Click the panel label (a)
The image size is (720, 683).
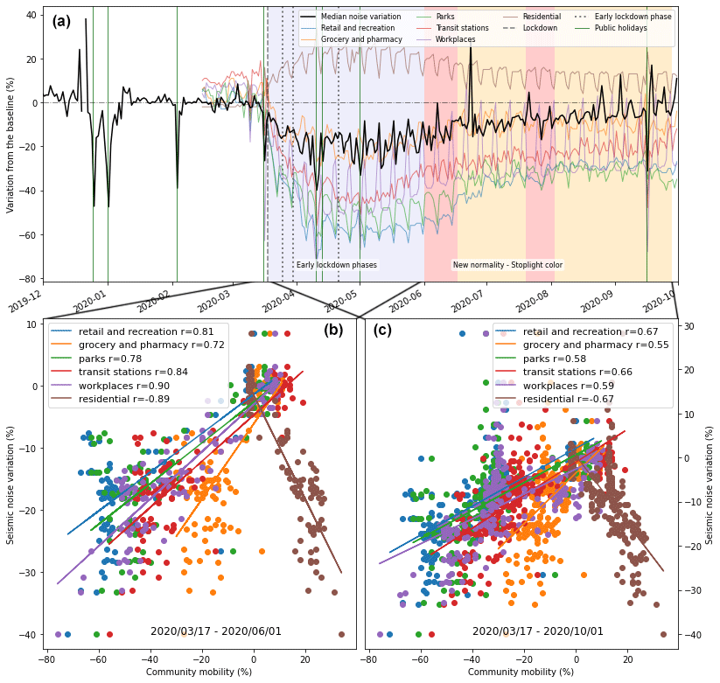[61, 22]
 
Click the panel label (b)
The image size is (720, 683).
[333, 330]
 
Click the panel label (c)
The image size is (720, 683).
[382, 330]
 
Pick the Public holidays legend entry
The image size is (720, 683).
[620, 28]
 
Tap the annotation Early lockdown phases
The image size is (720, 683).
[336, 265]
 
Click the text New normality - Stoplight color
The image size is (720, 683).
[507, 265]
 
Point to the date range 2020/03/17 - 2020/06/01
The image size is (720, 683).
[215, 631]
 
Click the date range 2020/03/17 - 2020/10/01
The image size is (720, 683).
[537, 631]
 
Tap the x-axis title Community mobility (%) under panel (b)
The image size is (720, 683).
[199, 672]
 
